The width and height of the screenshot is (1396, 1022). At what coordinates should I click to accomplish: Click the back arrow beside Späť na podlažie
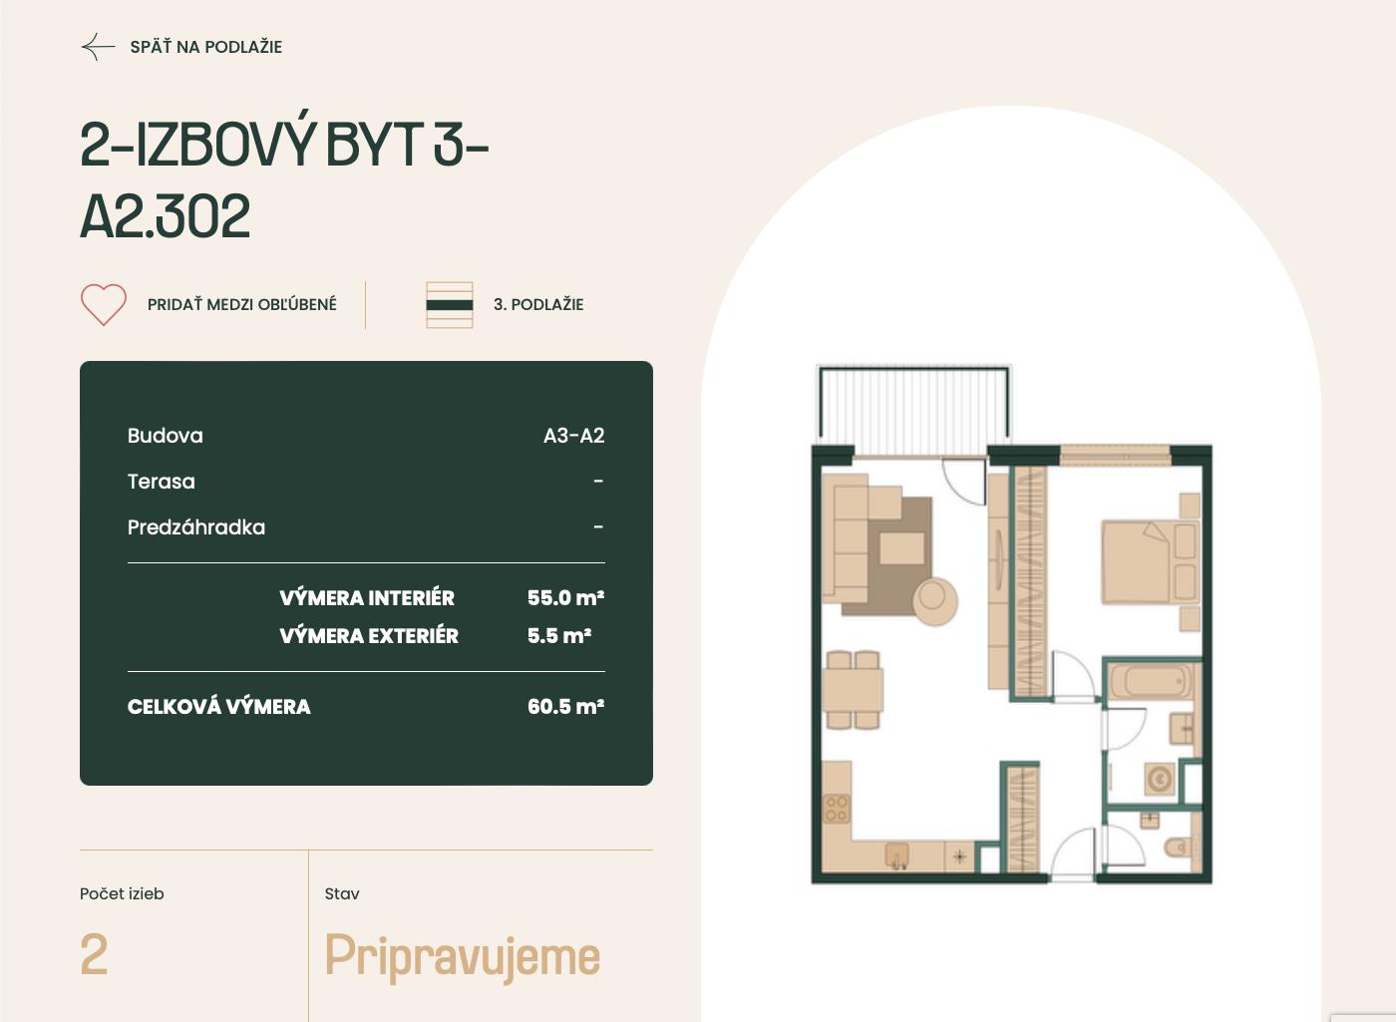(x=98, y=47)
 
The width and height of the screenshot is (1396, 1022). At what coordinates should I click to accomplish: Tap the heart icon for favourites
(x=104, y=304)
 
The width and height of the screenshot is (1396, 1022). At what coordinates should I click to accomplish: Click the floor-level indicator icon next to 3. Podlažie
(x=450, y=305)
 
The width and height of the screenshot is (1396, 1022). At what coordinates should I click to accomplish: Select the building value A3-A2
(x=574, y=436)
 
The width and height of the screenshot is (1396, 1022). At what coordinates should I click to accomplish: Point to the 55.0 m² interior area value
(x=566, y=597)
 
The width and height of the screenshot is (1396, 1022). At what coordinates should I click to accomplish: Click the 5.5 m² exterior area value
(x=559, y=636)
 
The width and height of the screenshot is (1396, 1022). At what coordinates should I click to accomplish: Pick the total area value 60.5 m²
(x=566, y=706)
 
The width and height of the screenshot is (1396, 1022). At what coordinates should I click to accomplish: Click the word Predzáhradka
(x=196, y=527)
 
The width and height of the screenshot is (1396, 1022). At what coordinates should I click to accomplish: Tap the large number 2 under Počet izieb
(x=94, y=954)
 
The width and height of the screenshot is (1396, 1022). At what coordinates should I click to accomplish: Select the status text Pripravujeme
(x=462, y=957)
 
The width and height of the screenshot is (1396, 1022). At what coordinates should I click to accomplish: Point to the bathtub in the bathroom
(x=1152, y=681)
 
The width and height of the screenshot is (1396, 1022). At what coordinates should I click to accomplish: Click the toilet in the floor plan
(x=1178, y=847)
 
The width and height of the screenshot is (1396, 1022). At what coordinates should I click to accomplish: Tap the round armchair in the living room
(x=935, y=599)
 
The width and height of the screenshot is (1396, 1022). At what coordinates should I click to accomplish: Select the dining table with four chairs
(x=853, y=689)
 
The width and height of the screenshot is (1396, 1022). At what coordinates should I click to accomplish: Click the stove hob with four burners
(x=837, y=809)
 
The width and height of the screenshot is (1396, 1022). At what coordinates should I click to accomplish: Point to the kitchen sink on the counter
(x=897, y=855)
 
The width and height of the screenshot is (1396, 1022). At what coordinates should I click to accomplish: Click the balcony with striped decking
(x=913, y=410)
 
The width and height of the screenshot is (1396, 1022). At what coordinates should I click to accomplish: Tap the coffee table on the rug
(x=901, y=548)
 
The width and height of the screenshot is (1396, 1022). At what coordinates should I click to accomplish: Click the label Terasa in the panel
(x=162, y=482)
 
